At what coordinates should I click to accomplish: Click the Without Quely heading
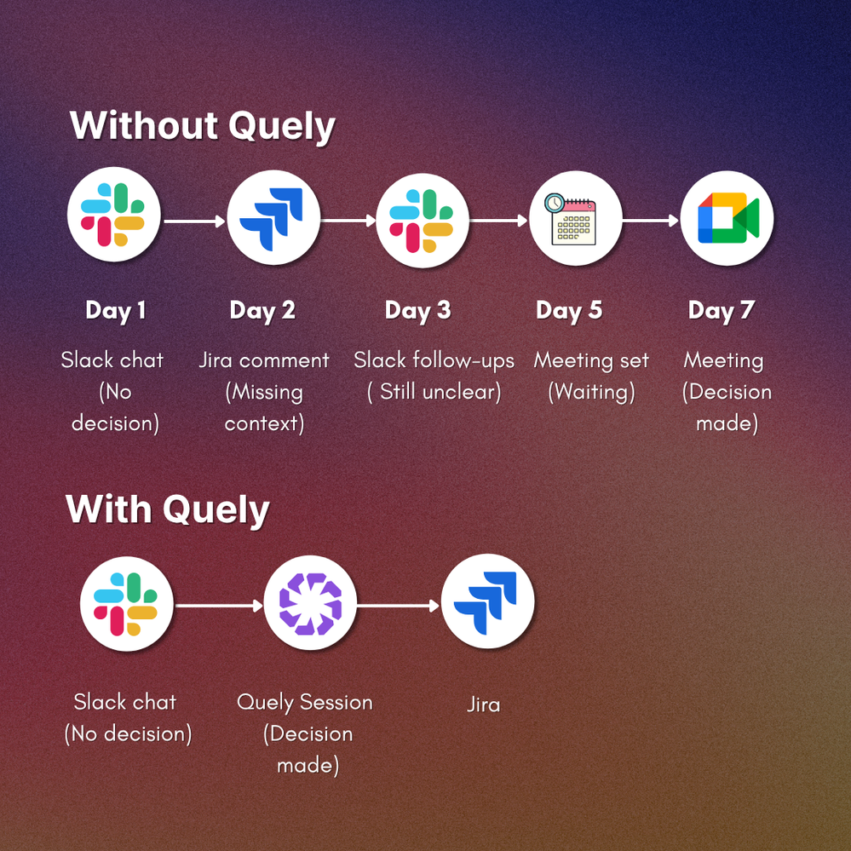click(203, 126)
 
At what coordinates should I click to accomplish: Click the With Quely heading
click(168, 509)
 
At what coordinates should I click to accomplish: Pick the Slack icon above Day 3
click(422, 218)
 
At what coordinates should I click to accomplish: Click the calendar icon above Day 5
click(575, 218)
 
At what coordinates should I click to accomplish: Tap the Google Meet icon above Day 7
click(727, 218)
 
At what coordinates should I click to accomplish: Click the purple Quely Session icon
click(310, 604)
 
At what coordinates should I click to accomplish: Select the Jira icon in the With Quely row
click(486, 604)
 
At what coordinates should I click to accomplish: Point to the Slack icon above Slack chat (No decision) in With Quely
click(126, 604)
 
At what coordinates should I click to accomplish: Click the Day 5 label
click(569, 310)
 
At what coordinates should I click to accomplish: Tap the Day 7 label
click(722, 310)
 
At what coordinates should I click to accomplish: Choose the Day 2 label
click(262, 310)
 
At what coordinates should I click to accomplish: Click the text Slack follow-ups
click(434, 360)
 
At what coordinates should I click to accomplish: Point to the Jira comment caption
click(264, 360)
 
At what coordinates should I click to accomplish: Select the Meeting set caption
click(591, 360)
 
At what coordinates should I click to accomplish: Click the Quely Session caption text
click(305, 703)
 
